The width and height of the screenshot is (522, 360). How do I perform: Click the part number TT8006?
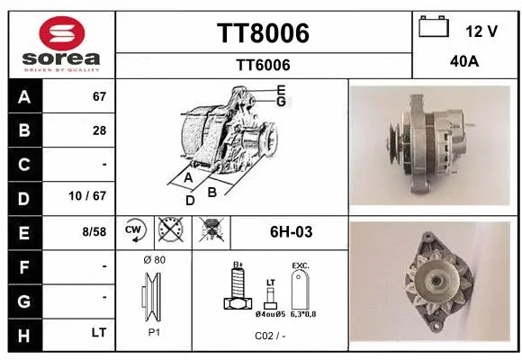263,33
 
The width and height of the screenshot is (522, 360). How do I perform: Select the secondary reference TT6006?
263,64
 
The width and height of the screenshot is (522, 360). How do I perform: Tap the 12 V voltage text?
481,31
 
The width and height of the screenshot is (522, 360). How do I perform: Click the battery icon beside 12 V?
434,28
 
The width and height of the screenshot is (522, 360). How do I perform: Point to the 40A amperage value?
463,64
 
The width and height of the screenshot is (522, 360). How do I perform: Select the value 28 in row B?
99,130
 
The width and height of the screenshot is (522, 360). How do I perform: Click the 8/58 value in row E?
93,231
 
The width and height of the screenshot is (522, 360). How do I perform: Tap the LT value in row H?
99,332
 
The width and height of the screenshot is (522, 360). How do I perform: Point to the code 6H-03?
291,231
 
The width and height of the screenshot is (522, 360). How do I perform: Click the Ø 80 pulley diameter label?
154,259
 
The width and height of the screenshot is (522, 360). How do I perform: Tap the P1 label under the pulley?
154,332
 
